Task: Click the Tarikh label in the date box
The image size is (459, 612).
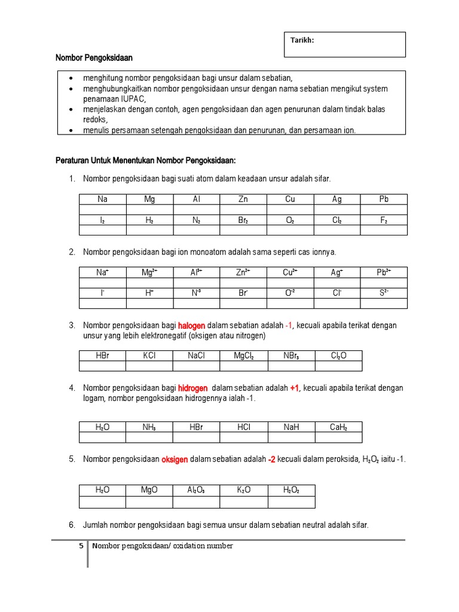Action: pyautogui.click(x=302, y=41)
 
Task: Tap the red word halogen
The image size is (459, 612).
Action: pyautogui.click(x=191, y=325)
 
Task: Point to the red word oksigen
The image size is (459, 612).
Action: pyautogui.click(x=175, y=459)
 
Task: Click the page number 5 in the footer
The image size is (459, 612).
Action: pyautogui.click(x=82, y=546)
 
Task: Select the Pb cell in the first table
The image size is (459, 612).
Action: pyautogui.click(x=384, y=199)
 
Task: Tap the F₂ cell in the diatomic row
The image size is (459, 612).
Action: pyautogui.click(x=384, y=220)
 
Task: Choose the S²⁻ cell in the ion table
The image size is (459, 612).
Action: pyautogui.click(x=384, y=293)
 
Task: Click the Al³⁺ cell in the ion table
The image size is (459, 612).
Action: pyautogui.click(x=196, y=272)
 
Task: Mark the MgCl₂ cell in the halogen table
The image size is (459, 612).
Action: pyautogui.click(x=243, y=356)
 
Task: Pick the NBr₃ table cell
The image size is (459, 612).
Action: pyautogui.click(x=290, y=356)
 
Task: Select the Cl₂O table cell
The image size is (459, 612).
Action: pyautogui.click(x=338, y=356)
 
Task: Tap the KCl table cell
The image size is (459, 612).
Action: pyautogui.click(x=149, y=356)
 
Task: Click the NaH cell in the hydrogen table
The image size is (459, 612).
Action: pyautogui.click(x=290, y=427)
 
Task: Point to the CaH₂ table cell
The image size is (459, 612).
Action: pyautogui.click(x=338, y=427)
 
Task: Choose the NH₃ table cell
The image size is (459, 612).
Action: pyautogui.click(x=149, y=427)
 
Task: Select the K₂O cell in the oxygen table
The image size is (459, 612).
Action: pyautogui.click(x=243, y=490)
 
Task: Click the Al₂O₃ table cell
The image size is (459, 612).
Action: pyautogui.click(x=196, y=490)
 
